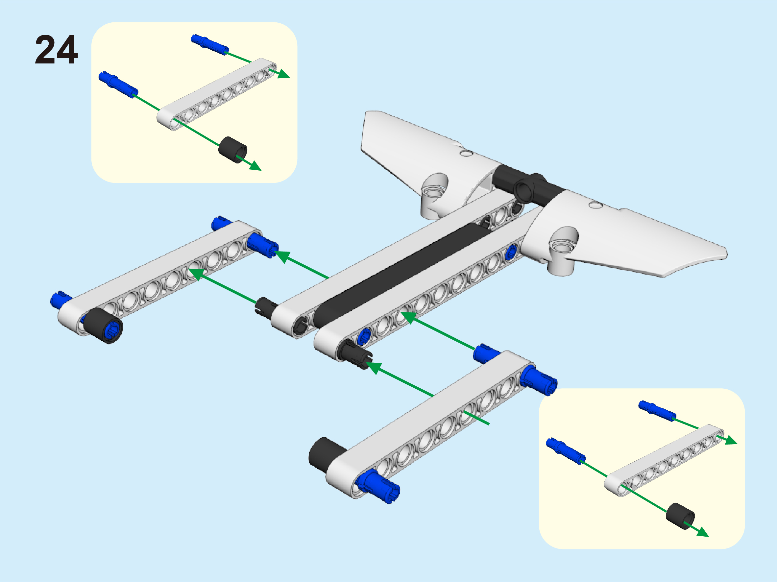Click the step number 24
point(56,50)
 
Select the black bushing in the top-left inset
point(232,150)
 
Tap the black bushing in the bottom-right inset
point(680,516)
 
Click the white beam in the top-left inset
point(216,94)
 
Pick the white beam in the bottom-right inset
point(664,460)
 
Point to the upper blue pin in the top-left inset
point(210,45)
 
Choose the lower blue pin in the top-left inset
point(118,85)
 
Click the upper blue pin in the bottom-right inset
point(657,411)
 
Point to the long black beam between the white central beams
point(401,274)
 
